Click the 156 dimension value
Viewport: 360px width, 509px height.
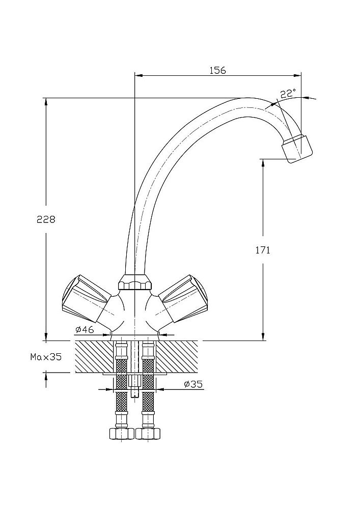pyautogui.click(x=217, y=70)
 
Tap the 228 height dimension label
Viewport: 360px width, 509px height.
pyautogui.click(x=46, y=219)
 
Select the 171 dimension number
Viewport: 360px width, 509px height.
pyautogui.click(x=263, y=250)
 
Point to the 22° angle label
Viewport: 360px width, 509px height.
pyautogui.click(x=288, y=94)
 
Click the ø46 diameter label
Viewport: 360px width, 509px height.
pyautogui.click(x=85, y=330)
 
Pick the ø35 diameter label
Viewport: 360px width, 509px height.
pyautogui.click(x=193, y=384)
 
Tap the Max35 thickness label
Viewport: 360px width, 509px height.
pyautogui.click(x=46, y=357)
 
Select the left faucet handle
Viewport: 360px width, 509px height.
pyautogui.click(x=86, y=298)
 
